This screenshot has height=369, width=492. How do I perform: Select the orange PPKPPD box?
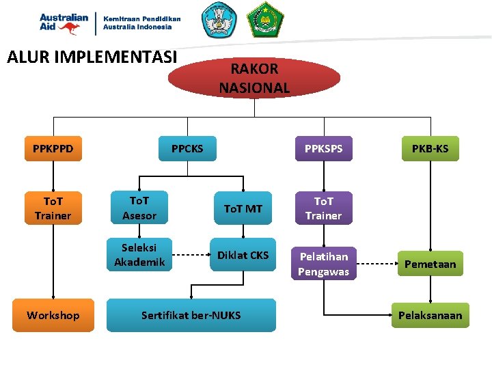pos(53,148)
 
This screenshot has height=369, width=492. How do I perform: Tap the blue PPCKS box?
pos(187,148)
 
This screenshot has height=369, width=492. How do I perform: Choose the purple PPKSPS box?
pos(323,148)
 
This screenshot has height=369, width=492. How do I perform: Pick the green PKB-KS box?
pos(430,148)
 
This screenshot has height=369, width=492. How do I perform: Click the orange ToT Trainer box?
pos(53,208)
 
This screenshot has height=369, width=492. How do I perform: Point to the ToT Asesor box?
pos(139,208)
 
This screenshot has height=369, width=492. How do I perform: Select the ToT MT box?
pos(243,208)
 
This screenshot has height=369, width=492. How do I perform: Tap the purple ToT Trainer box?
pos(323,208)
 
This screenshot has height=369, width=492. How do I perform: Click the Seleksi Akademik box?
pos(139,255)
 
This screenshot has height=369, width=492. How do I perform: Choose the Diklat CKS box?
pos(243,255)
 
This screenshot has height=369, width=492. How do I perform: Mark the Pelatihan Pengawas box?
pos(323,264)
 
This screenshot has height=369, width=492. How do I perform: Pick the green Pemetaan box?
pos(430,264)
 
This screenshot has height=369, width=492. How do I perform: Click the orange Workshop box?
pos(53,315)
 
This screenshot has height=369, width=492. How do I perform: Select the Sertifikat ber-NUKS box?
pos(191,315)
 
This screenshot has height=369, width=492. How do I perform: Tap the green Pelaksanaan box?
pos(430,315)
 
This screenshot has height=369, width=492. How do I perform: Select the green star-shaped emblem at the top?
pos(263,20)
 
